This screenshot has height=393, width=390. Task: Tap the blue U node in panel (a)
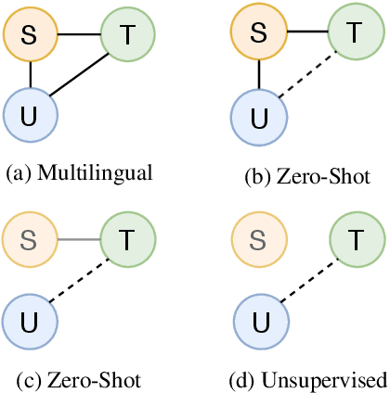31,115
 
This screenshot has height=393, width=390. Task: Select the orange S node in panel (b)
258,36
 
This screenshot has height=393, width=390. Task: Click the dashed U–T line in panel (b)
306,75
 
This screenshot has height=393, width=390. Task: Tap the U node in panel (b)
258,118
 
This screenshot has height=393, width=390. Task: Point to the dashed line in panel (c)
78,281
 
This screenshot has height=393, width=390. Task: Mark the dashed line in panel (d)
306,281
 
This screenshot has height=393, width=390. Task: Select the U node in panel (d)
258,322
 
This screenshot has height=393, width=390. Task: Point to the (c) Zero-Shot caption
78,380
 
